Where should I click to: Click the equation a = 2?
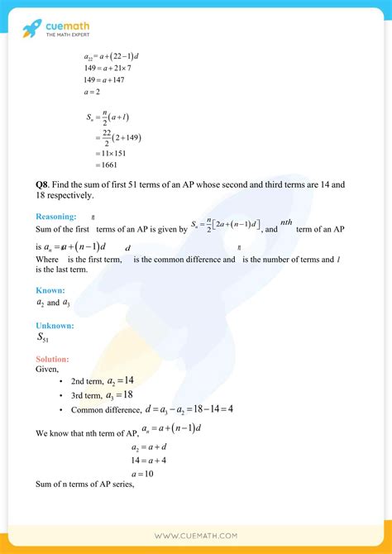click(88, 93)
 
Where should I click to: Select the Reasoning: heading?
click(57, 217)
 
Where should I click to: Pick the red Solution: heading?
click(52, 360)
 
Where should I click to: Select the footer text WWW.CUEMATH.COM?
click(196, 535)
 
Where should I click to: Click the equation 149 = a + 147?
click(97, 80)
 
